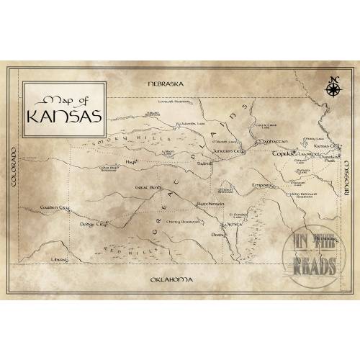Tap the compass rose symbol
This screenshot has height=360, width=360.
(333, 88)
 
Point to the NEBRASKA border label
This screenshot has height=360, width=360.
(165, 84)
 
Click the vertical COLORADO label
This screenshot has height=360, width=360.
(12, 170)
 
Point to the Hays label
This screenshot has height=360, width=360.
(131, 162)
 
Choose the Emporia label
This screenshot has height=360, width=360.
(262, 185)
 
